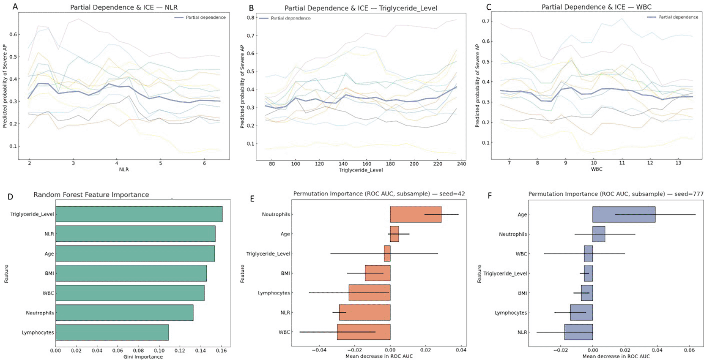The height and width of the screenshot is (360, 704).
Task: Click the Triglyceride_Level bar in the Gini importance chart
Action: (139, 214)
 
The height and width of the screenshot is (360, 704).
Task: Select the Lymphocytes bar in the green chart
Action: (112, 333)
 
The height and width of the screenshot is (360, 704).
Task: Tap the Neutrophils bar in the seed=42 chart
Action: (416, 214)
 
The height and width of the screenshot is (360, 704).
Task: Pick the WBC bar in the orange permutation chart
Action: (364, 332)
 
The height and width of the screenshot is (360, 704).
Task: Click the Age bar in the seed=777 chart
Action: (624, 215)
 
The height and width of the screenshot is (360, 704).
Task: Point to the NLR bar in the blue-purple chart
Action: (578, 332)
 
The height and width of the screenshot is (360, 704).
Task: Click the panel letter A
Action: (15, 7)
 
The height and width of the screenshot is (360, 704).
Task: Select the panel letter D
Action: (11, 196)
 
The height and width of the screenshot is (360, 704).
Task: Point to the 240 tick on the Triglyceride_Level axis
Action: (461, 164)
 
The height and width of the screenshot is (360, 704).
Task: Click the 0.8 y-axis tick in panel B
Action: (250, 18)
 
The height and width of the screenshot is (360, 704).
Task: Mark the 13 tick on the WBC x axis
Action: (678, 163)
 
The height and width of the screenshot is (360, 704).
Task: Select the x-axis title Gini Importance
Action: (143, 357)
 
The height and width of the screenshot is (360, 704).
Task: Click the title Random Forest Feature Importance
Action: (91, 195)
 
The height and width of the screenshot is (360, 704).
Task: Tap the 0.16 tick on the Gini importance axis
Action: (221, 350)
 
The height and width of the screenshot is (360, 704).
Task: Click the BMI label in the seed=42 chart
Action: (285, 273)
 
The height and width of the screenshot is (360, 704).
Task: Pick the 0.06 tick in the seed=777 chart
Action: (689, 350)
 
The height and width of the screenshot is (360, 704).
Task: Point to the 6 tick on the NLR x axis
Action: (204, 164)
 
